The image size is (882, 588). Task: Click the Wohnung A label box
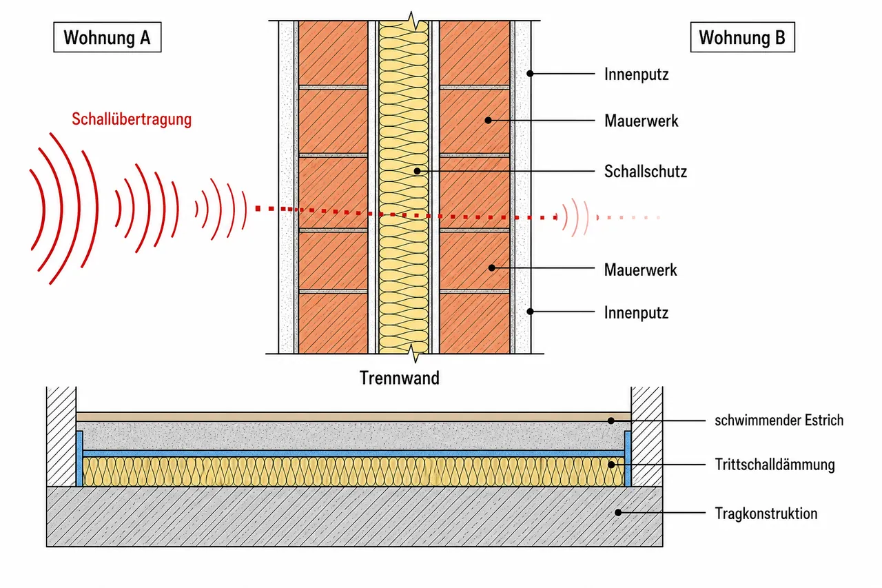pos(107,37)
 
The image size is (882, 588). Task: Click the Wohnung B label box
pos(743,37)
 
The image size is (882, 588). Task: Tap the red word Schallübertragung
pos(132,119)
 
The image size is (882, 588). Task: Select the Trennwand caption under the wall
pos(399,378)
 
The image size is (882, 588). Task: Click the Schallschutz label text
pos(646,172)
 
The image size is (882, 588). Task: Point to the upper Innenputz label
pos(636,74)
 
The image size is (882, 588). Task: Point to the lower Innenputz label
pos(636,313)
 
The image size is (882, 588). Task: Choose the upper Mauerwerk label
pos(642,121)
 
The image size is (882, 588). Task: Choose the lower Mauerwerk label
pos(641,270)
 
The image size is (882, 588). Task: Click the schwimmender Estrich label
pos(779,420)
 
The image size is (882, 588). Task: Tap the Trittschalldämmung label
pos(775,465)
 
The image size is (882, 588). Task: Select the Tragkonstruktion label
pos(766,514)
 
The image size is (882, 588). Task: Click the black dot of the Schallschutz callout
pos(418,171)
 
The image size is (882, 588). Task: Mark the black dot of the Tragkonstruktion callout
pos(618,512)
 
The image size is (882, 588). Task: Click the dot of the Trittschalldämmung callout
pos(611,465)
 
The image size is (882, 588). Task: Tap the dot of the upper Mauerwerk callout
pos(489,120)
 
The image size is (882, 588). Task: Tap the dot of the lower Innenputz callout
pos(531,312)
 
